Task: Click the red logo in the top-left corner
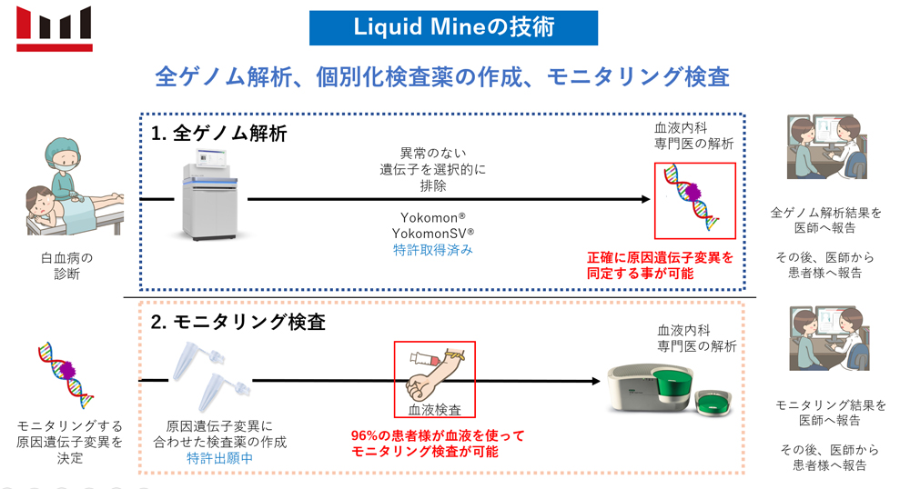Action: click(54, 28)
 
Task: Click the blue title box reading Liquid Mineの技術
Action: click(453, 27)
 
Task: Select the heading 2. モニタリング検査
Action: click(238, 322)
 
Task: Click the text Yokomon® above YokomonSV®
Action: click(433, 218)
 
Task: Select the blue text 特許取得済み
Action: click(433, 249)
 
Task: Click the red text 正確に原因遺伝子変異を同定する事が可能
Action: click(660, 265)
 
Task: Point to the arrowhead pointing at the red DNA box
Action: click(644, 199)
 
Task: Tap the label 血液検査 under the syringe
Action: click(433, 411)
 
